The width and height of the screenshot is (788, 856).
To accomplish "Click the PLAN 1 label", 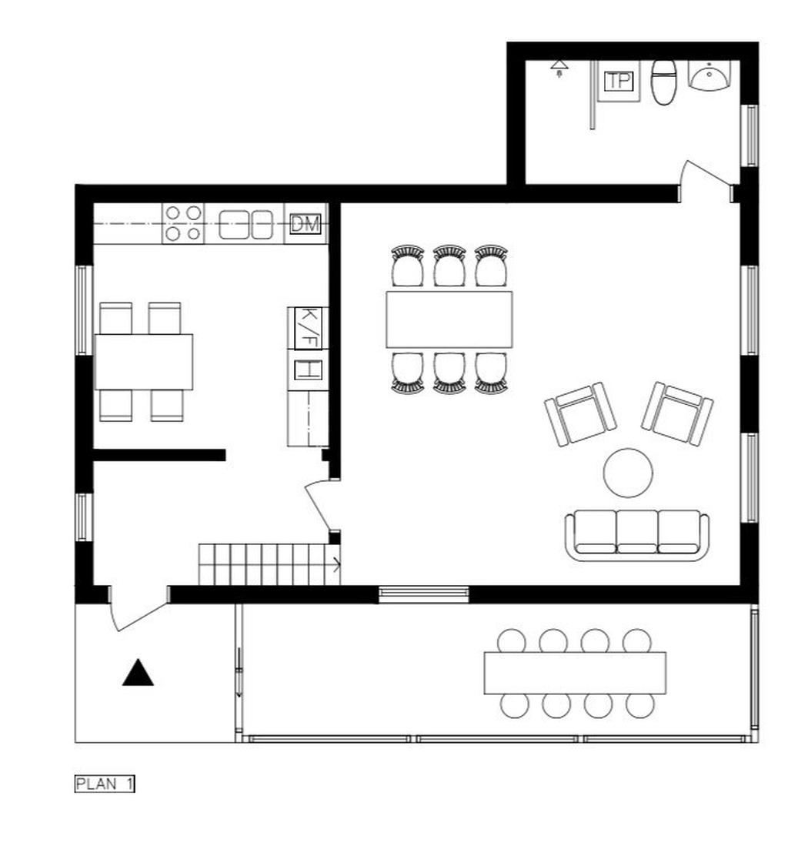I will [x=105, y=784].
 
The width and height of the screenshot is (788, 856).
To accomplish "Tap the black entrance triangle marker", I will [x=139, y=673].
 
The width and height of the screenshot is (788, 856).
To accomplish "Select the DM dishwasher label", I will [x=305, y=224].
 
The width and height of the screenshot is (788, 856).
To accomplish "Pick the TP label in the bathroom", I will [x=618, y=81].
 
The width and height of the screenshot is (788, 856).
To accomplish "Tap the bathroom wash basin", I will [x=709, y=78].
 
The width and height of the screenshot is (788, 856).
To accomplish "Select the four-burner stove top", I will [x=184, y=222].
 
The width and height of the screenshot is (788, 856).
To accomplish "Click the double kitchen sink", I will [x=246, y=224].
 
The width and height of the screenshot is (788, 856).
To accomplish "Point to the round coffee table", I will [x=628, y=473].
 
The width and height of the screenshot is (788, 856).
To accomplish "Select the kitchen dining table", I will [x=144, y=362].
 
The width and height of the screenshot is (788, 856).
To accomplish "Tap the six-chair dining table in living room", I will [x=449, y=319].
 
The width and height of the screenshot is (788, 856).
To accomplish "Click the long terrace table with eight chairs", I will [x=575, y=673].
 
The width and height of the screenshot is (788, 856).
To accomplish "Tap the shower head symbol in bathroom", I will [x=559, y=69].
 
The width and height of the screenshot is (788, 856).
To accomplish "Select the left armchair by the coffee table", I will [x=580, y=414].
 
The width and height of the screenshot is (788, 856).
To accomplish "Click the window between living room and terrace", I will [x=424, y=594].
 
